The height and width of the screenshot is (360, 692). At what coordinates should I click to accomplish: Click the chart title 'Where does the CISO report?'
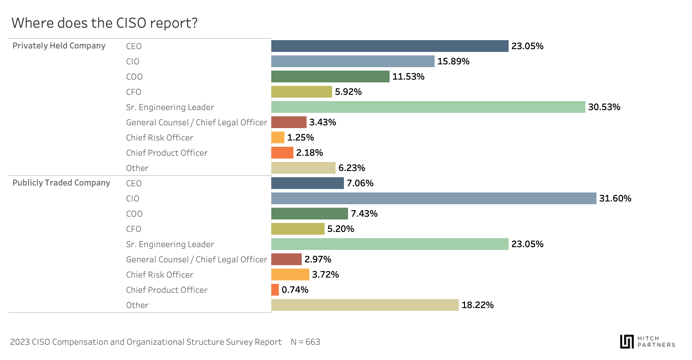click(x=104, y=23)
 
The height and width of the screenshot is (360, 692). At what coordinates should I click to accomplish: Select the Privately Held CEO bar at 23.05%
click(x=390, y=46)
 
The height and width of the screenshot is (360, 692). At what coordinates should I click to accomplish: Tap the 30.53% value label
click(x=604, y=107)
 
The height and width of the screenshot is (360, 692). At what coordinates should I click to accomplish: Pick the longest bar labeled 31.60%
click(x=434, y=198)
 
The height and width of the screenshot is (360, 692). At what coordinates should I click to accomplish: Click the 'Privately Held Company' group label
click(x=59, y=46)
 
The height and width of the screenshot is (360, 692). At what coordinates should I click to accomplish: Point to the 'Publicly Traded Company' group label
click(x=61, y=183)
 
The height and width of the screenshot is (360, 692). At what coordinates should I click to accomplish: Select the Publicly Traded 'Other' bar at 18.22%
click(x=365, y=305)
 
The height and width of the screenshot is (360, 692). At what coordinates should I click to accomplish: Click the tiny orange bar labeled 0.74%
click(x=275, y=290)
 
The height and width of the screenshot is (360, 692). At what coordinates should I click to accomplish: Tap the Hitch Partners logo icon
click(x=627, y=341)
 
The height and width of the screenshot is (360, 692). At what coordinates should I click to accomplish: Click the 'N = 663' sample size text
click(x=306, y=342)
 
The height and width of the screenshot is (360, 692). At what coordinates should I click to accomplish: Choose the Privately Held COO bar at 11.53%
click(x=330, y=76)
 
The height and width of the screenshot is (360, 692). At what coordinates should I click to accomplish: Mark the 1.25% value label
click(x=300, y=137)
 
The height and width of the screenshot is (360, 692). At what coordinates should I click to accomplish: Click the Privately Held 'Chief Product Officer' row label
click(x=167, y=153)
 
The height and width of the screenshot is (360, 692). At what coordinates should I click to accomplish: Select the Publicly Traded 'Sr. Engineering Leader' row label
click(x=170, y=244)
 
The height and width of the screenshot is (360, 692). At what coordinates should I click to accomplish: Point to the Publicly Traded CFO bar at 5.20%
click(x=298, y=229)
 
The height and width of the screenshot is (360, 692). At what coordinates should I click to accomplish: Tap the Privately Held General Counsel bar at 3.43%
click(x=289, y=122)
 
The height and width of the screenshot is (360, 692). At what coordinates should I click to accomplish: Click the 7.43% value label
click(x=364, y=214)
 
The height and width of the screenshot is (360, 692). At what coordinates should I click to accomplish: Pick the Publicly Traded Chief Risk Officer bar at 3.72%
click(x=290, y=274)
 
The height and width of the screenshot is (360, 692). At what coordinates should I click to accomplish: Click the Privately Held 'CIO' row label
click(x=133, y=62)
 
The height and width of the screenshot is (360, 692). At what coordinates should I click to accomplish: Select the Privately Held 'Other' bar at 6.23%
click(x=303, y=168)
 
